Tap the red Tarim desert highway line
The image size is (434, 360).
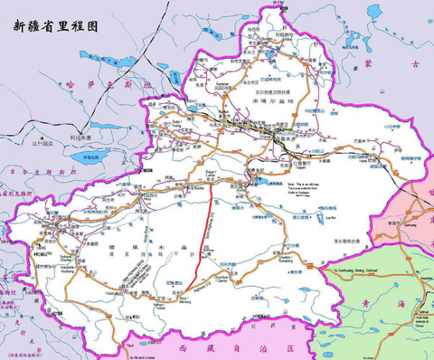click(x=212, y=217)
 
